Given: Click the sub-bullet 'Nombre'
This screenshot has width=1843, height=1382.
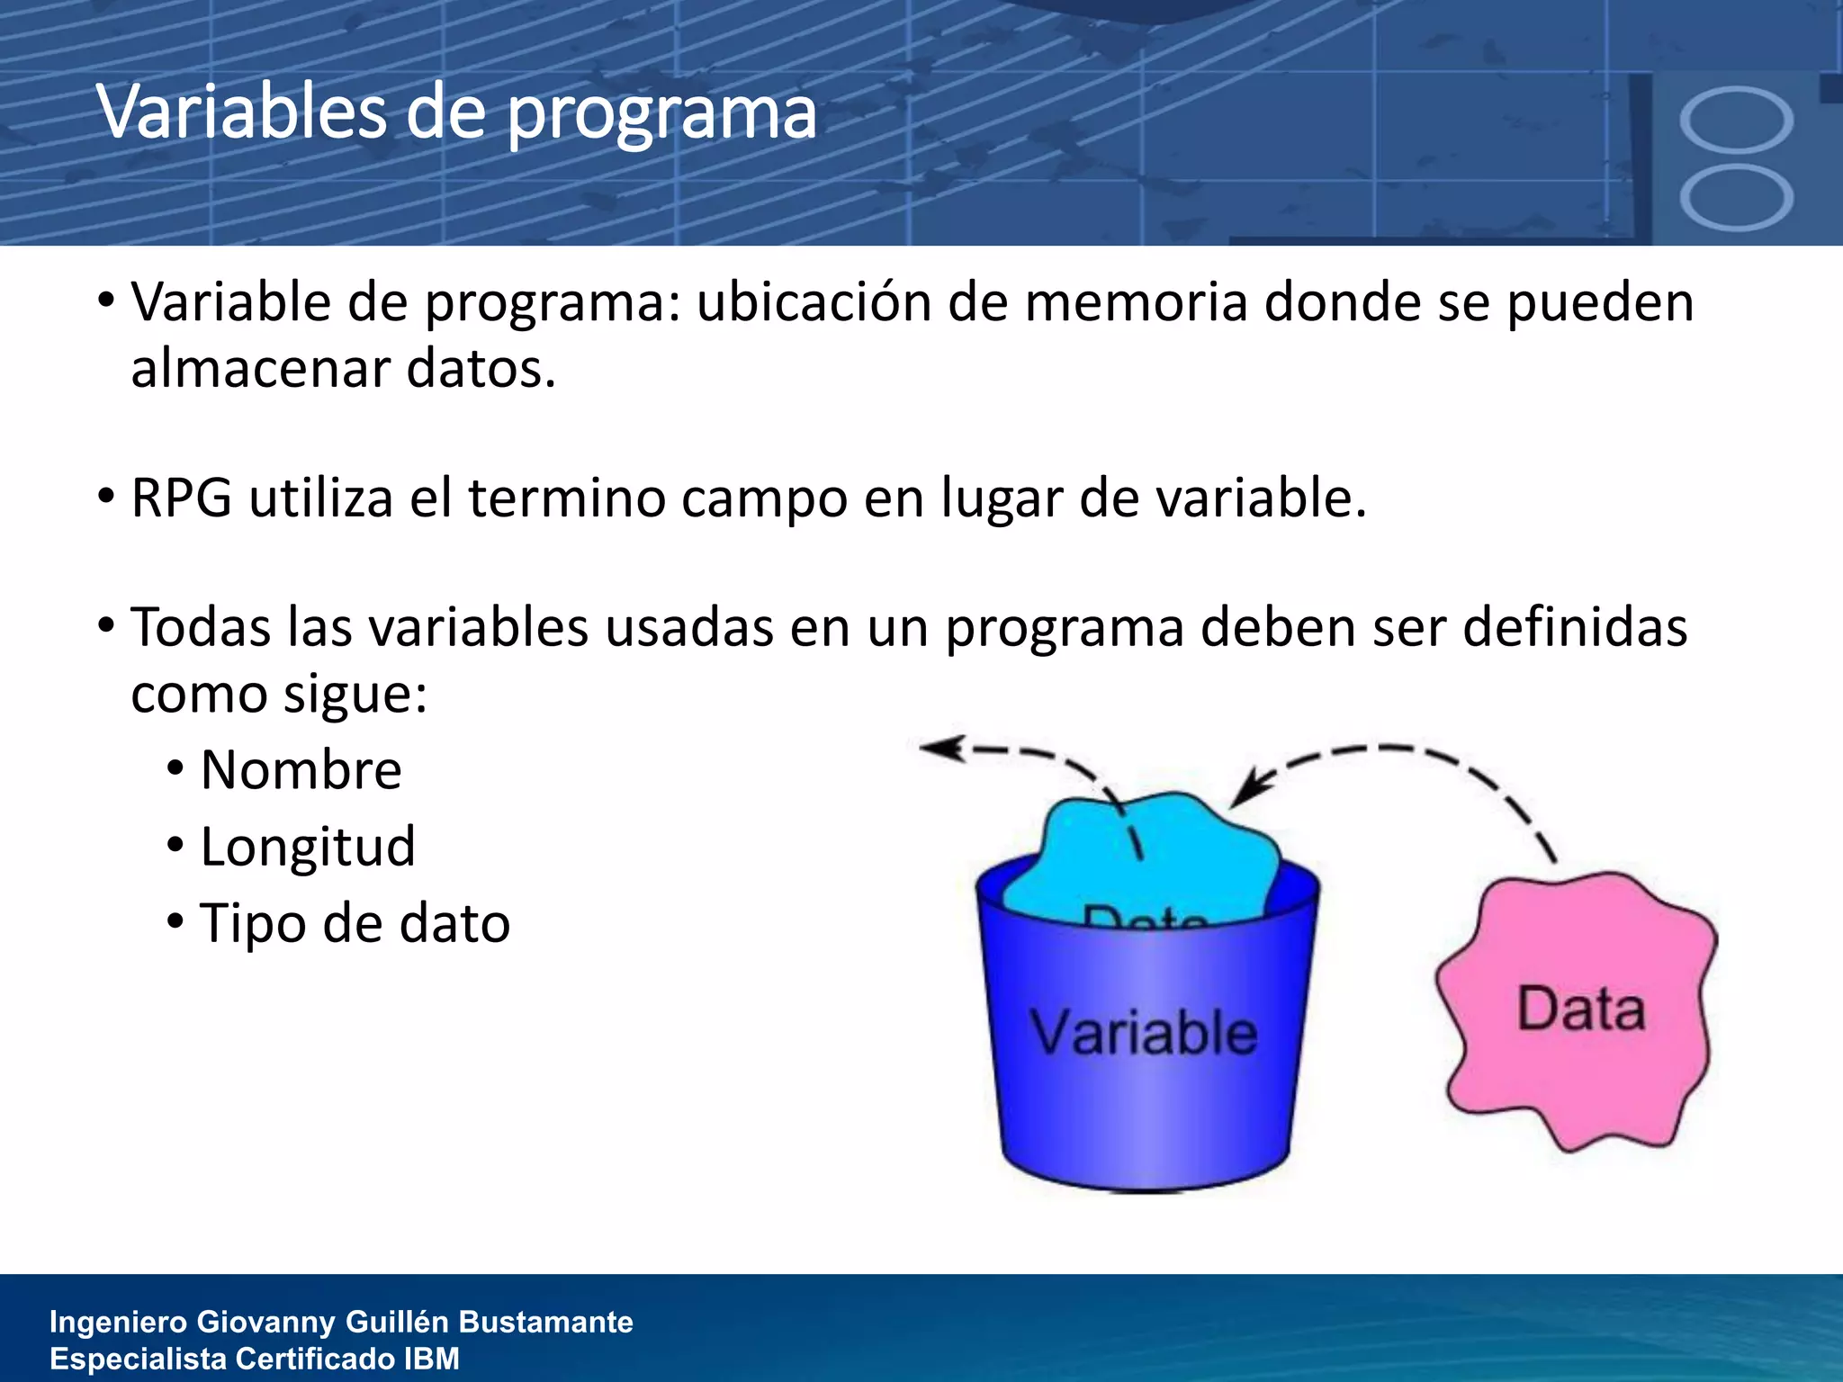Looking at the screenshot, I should point(301,771).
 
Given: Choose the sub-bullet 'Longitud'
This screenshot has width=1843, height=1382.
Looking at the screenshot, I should point(308,848).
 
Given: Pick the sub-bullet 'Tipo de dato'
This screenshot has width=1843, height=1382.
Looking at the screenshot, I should point(355,924).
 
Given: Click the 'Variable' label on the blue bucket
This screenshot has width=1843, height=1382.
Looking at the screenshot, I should point(1143,1033).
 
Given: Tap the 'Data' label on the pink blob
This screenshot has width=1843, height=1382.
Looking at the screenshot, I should point(1581,1010).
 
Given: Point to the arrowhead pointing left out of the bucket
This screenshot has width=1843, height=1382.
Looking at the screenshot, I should point(940,748).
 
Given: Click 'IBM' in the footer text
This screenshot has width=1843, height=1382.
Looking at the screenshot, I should point(431,1359).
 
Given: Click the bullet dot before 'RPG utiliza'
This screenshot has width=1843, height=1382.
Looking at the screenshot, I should point(106,496).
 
